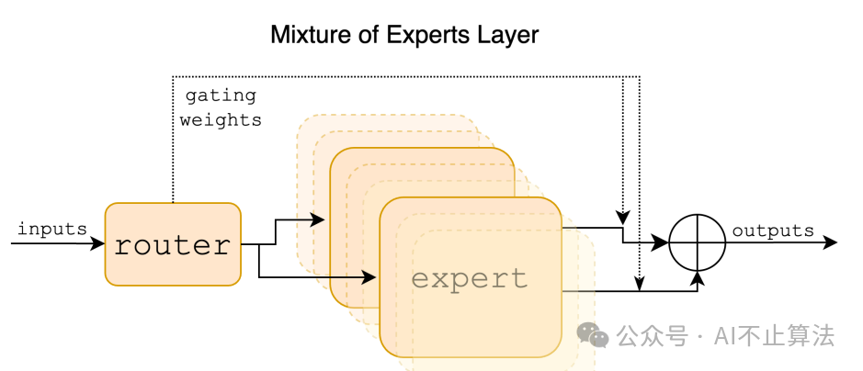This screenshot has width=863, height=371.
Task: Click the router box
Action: coord(173,244)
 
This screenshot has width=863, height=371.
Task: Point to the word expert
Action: coord(470,278)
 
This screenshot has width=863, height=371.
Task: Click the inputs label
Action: coord(51,229)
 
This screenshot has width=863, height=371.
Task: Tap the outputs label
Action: coord(772,230)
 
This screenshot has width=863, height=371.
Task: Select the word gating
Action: coord(220,96)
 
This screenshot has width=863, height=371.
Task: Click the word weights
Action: coord(220,119)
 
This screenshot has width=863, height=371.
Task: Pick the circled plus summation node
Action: coord(697,243)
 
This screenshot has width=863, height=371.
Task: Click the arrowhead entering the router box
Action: coord(99,244)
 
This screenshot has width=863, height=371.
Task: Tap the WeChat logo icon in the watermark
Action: coord(593,335)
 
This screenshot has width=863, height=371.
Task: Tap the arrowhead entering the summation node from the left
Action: coord(662,243)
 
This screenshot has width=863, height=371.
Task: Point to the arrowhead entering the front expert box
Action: coord(373,275)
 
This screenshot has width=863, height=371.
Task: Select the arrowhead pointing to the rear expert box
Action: coord(319,220)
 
